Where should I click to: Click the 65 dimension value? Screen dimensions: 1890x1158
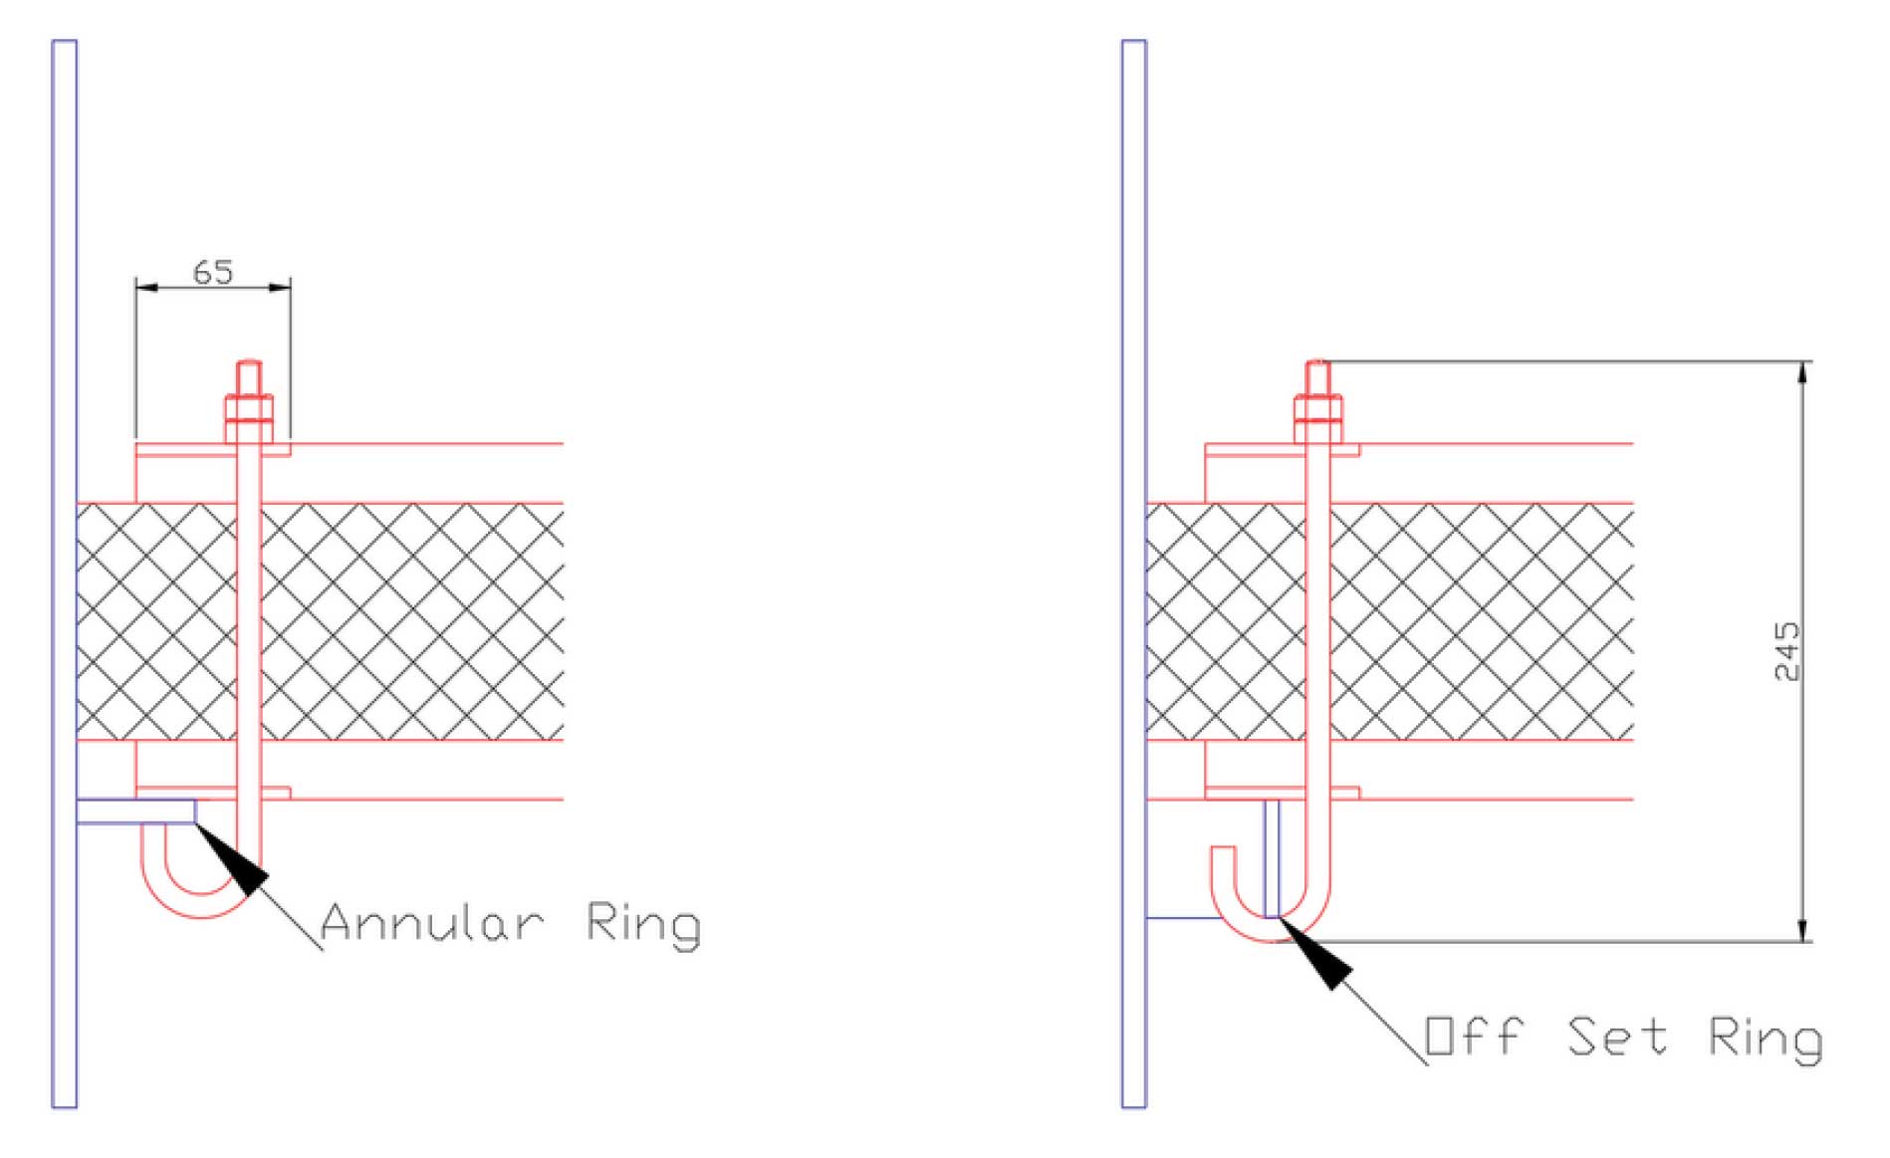click(212, 271)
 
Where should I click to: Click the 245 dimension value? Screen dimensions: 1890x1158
click(1787, 651)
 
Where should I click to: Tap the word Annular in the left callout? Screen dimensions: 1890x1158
click(432, 922)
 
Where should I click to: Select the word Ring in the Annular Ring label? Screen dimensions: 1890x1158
click(643, 926)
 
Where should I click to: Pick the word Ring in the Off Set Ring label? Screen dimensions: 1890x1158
click(1766, 1041)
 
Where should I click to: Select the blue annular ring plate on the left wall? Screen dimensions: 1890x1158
click(136, 811)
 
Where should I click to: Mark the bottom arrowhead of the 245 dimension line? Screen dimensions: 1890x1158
click(1802, 928)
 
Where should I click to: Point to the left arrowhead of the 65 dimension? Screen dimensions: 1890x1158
click(147, 288)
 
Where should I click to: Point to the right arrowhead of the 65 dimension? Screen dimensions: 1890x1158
click(279, 288)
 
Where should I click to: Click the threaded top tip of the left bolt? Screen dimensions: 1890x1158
click(249, 364)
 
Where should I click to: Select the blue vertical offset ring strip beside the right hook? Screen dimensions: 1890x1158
click(1272, 857)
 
